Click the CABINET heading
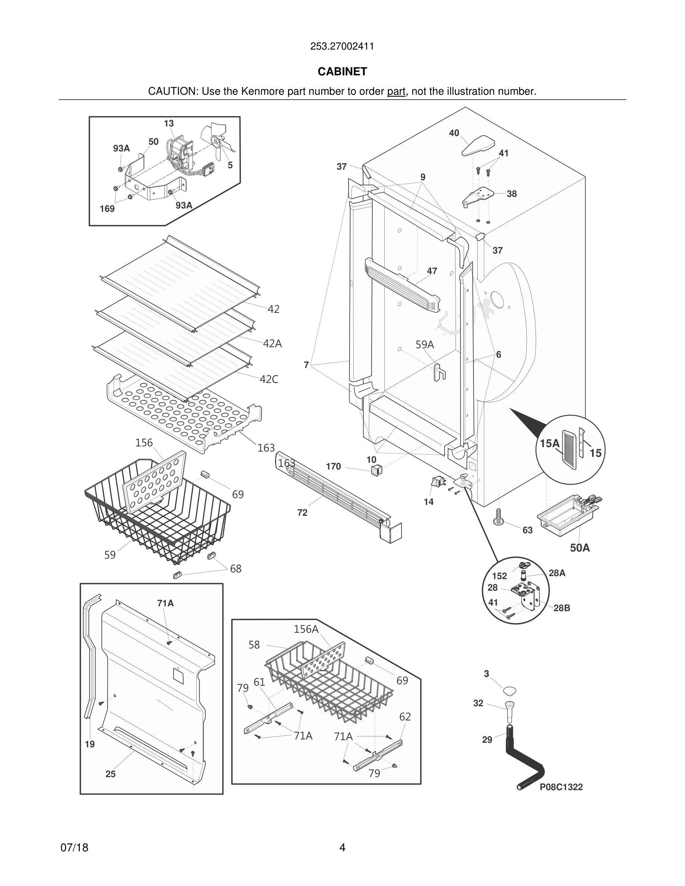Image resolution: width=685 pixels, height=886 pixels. pyautogui.click(x=342, y=71)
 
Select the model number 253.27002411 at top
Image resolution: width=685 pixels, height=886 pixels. pyautogui.click(x=342, y=46)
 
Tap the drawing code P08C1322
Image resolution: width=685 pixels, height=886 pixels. pyautogui.click(x=561, y=787)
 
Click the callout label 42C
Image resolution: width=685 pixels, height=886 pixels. pyautogui.click(x=269, y=379)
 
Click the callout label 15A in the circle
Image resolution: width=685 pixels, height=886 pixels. pyautogui.click(x=550, y=443)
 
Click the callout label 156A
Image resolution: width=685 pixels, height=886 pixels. pyautogui.click(x=306, y=629)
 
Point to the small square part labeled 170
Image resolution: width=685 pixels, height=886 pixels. pyautogui.click(x=377, y=470)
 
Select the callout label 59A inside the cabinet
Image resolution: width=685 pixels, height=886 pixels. pyautogui.click(x=425, y=345)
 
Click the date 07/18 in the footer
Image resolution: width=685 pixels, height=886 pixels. pyautogui.click(x=74, y=848)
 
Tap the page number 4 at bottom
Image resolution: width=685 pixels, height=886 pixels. pyautogui.click(x=342, y=848)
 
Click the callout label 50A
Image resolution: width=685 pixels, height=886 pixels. pyautogui.click(x=579, y=548)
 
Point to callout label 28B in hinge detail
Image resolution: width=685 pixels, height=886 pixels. pyautogui.click(x=562, y=608)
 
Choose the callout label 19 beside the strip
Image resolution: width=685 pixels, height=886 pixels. pyautogui.click(x=90, y=744)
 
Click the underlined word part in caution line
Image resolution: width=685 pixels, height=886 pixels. pyautogui.click(x=395, y=91)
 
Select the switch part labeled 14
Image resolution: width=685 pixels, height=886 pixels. pyautogui.click(x=437, y=482)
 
